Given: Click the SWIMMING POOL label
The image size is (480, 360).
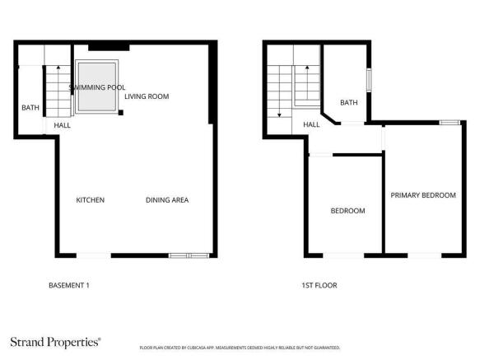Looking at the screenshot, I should tap(97, 86).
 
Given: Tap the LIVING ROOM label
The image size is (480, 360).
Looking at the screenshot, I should tap(147, 96).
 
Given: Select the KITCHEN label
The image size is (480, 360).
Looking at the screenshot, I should tap(90, 200).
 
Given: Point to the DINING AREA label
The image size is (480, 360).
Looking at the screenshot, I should tap(167, 200).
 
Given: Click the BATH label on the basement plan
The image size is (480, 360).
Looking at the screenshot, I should tap(30, 108).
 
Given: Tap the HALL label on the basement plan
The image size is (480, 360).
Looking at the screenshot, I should tap(62, 125).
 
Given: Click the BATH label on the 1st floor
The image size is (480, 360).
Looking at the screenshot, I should tap(349, 103).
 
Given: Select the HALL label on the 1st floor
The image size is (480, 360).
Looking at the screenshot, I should tap(311, 124).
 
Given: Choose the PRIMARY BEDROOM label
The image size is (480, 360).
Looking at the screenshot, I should tap(423, 195).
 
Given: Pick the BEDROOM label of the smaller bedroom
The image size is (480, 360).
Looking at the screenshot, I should tap(347, 211).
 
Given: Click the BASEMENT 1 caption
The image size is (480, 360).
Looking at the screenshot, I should tap(69, 286).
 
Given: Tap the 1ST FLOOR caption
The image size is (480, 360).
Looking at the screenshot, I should tap(319, 286).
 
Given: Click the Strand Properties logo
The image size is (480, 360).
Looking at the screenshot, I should tap(55, 340).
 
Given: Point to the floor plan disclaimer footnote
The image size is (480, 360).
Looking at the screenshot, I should tap(240, 348).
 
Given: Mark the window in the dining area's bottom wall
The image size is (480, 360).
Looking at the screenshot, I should tap(188, 255).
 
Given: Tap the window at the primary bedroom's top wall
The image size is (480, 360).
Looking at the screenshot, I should tap(449, 123).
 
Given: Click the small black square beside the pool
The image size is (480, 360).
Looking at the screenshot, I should tap(121, 111).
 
